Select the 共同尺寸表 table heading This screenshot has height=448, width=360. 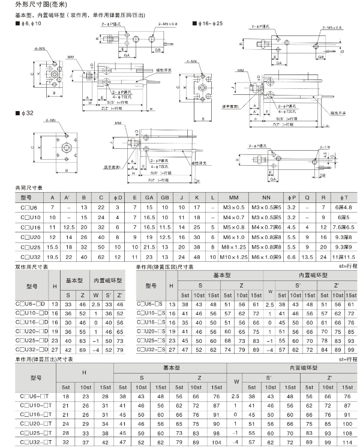[x=29, y=188]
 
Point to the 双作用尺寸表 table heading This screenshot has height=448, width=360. [x=32, y=267]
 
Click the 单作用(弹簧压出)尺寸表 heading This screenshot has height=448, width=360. [x=44, y=359]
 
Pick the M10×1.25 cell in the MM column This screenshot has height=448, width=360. [x=233, y=256]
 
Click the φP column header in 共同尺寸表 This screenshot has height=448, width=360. [x=291, y=198]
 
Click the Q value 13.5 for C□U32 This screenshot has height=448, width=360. [x=308, y=256]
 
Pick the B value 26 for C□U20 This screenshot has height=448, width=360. [x=83, y=237]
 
